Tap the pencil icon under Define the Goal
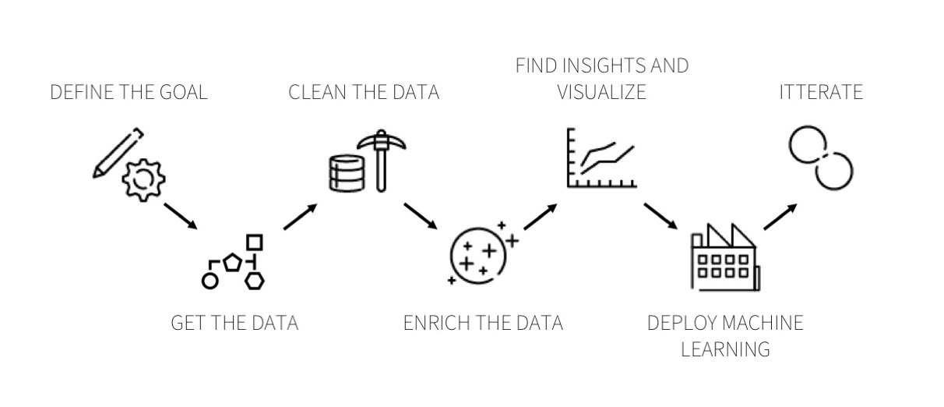point(118,153)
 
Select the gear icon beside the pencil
point(143,179)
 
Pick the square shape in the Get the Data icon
point(255,242)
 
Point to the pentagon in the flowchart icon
point(232,263)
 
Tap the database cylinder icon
point(347,173)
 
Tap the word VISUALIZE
point(602,92)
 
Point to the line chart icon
point(601,157)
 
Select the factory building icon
point(725,257)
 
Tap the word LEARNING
point(726,349)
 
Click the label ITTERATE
point(821,92)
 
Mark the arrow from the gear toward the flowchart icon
point(181,216)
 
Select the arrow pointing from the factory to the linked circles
point(780,217)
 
